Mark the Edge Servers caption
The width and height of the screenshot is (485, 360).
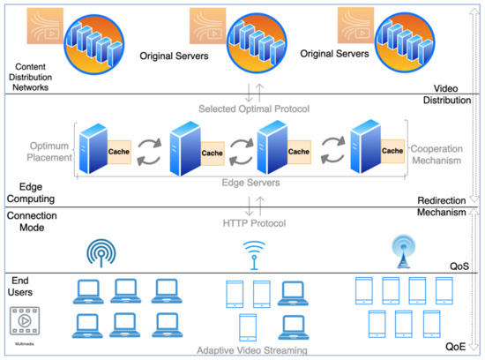[252, 182]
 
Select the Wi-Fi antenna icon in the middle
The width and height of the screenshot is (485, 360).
[252, 254]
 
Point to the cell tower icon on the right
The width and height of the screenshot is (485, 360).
[401, 251]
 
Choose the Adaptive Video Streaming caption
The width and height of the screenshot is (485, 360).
[252, 350]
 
